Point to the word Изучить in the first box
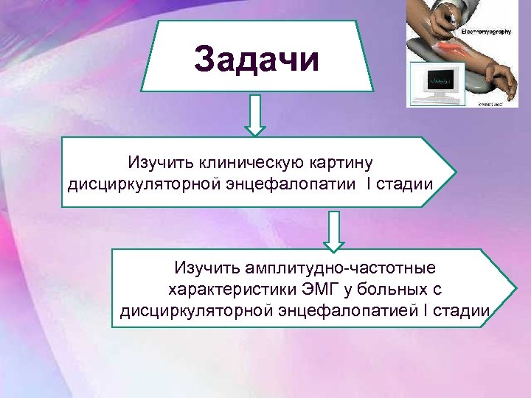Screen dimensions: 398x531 (x=154, y=161)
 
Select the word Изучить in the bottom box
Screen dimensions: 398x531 (x=202, y=266)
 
